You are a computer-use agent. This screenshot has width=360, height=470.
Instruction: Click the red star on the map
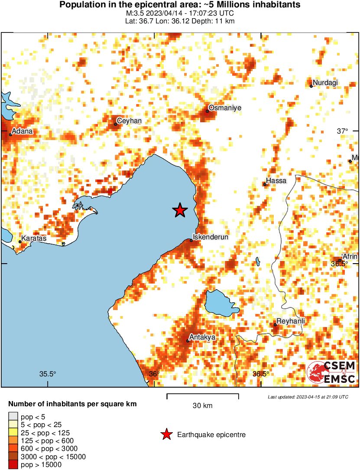pyautogui.click(x=180, y=210)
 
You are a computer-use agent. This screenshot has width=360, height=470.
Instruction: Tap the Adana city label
pyautogui.click(x=23, y=131)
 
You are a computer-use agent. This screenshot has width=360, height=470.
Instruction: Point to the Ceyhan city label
pyautogui.click(x=130, y=121)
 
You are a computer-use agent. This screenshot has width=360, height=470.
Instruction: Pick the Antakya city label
pyautogui.click(x=202, y=337)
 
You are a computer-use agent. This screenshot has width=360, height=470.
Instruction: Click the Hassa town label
pyautogui.click(x=276, y=180)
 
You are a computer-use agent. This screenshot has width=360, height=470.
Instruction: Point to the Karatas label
pyautogui.click(x=34, y=238)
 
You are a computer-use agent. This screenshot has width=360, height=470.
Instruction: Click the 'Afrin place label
pyautogui.click(x=350, y=256)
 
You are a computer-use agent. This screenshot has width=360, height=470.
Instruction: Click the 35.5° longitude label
pyautogui.click(x=48, y=374)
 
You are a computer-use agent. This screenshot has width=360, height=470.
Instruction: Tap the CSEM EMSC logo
pyautogui.click(x=331, y=372)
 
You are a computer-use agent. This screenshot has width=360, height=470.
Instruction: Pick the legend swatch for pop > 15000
pyautogui.click(x=13, y=464)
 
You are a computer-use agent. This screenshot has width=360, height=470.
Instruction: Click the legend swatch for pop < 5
pyautogui.click(x=13, y=417)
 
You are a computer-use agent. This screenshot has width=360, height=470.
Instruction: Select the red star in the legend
pyautogui.click(x=166, y=434)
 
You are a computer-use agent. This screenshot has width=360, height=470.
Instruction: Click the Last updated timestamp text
pyautogui.click(x=308, y=397)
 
